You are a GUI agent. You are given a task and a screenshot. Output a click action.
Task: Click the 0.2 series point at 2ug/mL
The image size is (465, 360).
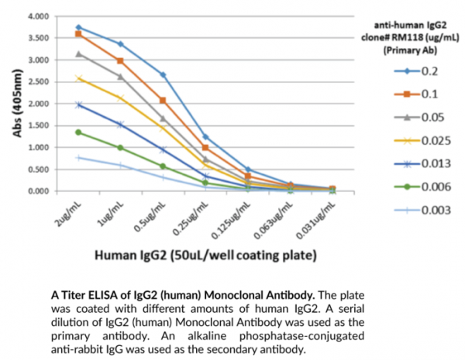[78, 27]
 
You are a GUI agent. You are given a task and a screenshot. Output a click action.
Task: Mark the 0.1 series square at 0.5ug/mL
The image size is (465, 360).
[163, 101]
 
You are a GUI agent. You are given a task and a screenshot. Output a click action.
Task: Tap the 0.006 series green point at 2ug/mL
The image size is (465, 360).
[78, 132]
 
